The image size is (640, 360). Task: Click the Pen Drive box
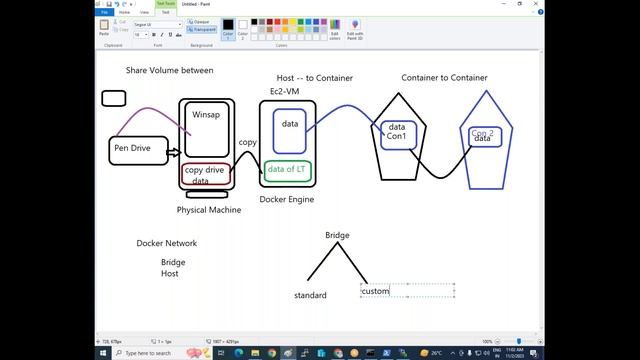pos(138,150)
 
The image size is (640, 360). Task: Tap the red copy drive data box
pos(206,174)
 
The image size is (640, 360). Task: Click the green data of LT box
pos(288,169)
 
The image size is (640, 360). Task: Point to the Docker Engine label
pos(287,199)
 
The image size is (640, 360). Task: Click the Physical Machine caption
pos(209,210)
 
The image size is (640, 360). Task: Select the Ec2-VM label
pos(284,92)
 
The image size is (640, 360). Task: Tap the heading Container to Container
pos(444,77)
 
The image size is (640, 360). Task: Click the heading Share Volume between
pos(169,70)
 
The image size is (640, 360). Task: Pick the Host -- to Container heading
pos(314,77)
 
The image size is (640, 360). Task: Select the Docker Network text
pos(167,243)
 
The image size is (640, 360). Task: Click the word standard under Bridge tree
pos(310,296)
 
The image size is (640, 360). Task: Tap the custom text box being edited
pos(376,291)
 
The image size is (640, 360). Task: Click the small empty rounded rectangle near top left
pos(113,98)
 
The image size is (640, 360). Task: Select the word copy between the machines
pos(247,143)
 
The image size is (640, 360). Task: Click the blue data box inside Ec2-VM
pos(290,126)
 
